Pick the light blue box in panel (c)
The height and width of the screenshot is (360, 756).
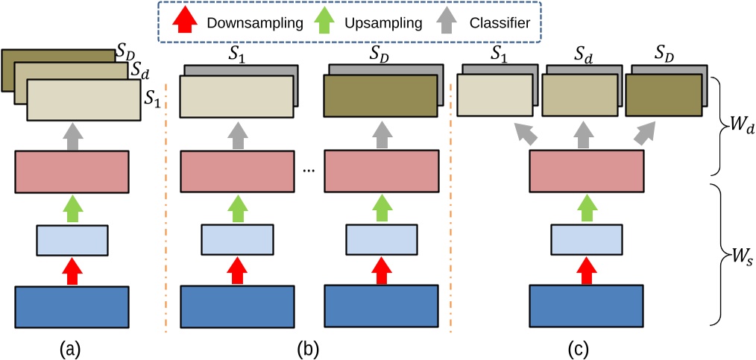586,239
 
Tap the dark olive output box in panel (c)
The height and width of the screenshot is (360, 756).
663,95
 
